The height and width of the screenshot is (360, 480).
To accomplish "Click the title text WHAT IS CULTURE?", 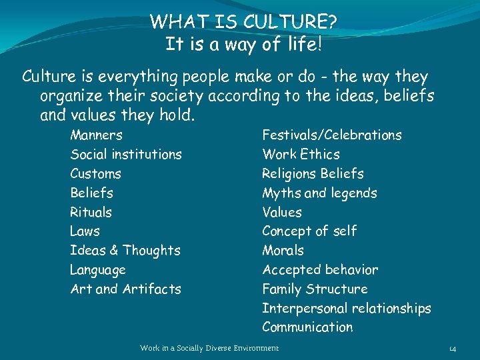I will point(243,22).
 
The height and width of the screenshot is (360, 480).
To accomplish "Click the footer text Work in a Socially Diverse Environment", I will point(209,348).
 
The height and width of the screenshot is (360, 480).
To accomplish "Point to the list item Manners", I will point(97,135).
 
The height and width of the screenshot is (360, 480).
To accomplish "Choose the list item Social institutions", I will point(126,155).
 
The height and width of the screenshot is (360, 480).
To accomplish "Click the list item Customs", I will point(96,174).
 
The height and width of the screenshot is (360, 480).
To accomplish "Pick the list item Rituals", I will point(91,213).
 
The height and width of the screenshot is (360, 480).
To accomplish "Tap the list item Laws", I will point(85,232).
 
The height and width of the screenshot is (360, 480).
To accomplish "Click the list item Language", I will point(98,271).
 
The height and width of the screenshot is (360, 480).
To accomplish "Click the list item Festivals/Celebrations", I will point(332,135).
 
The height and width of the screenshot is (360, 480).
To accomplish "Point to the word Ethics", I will point(320,155).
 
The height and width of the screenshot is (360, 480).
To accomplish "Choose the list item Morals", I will point(283,251).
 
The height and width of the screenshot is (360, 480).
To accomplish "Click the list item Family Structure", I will point(315,289).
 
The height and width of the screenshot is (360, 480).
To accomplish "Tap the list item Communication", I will point(307,327).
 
